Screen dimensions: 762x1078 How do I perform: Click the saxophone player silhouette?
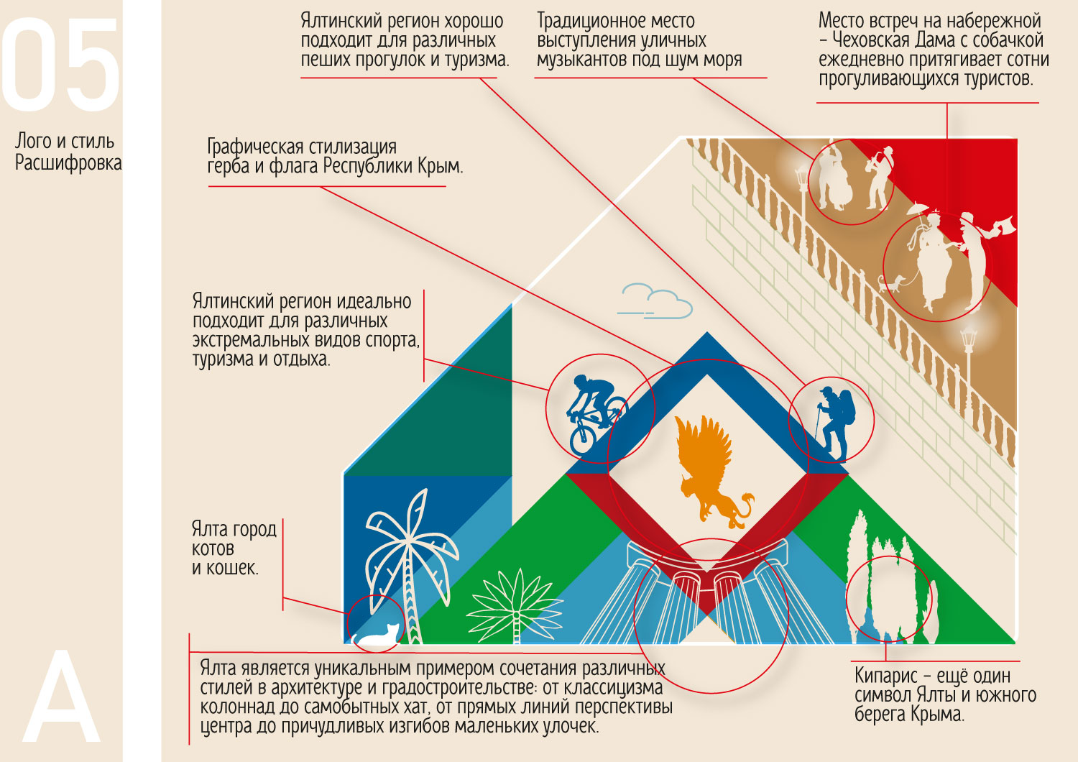(880, 177)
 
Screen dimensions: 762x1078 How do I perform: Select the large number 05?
(60, 66)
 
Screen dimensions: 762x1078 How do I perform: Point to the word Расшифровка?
(68, 163)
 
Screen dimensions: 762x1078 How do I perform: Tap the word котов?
(213, 549)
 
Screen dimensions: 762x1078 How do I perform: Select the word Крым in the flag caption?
(439, 167)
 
